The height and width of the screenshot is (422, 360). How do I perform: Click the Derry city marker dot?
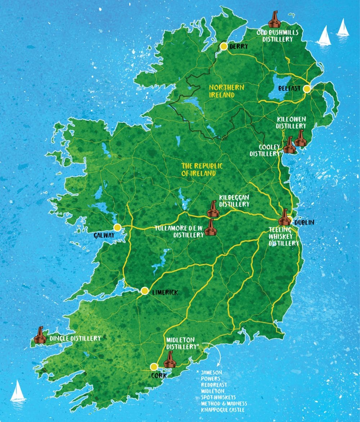224,46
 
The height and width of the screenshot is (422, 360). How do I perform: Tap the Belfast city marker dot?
307,89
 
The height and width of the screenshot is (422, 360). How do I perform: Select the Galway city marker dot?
117,227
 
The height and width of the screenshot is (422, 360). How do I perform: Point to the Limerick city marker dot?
145,291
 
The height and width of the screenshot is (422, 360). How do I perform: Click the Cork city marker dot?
154,367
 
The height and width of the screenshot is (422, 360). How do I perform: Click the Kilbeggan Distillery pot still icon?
213,209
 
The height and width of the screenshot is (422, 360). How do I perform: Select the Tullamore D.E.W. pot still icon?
211,228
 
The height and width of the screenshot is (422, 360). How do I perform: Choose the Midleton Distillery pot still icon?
170,359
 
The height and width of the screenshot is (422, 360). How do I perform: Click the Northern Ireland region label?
226,91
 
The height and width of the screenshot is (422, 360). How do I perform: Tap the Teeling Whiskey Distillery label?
284,236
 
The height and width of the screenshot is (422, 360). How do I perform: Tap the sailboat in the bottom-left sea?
18,391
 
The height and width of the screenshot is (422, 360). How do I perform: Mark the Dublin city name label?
304,223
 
